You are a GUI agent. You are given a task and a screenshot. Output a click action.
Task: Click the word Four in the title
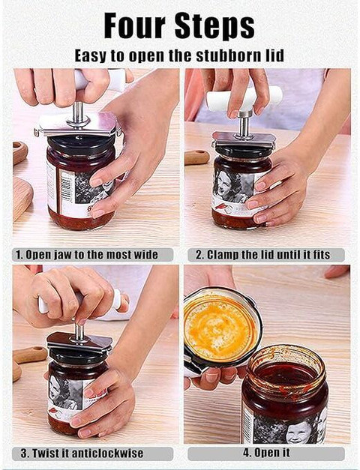point(135,25)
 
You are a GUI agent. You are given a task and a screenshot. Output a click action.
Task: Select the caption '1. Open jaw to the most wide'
point(87,255)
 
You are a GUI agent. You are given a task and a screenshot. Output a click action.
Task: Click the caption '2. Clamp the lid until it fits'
point(262,255)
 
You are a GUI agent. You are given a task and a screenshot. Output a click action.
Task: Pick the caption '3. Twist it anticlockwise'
point(82,453)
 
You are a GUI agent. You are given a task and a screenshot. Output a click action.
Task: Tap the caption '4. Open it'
point(266,452)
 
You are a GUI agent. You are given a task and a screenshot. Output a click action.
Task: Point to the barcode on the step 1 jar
point(66,189)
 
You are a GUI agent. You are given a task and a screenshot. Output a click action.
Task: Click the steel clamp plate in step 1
point(77,124)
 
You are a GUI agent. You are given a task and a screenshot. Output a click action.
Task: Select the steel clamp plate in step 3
point(79,342)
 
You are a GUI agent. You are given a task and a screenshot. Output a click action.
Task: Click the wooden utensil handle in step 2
point(196,157)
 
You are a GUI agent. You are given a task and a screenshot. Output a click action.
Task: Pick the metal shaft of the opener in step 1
point(79,112)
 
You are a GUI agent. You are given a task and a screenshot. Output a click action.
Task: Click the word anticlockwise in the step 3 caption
point(108,453)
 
